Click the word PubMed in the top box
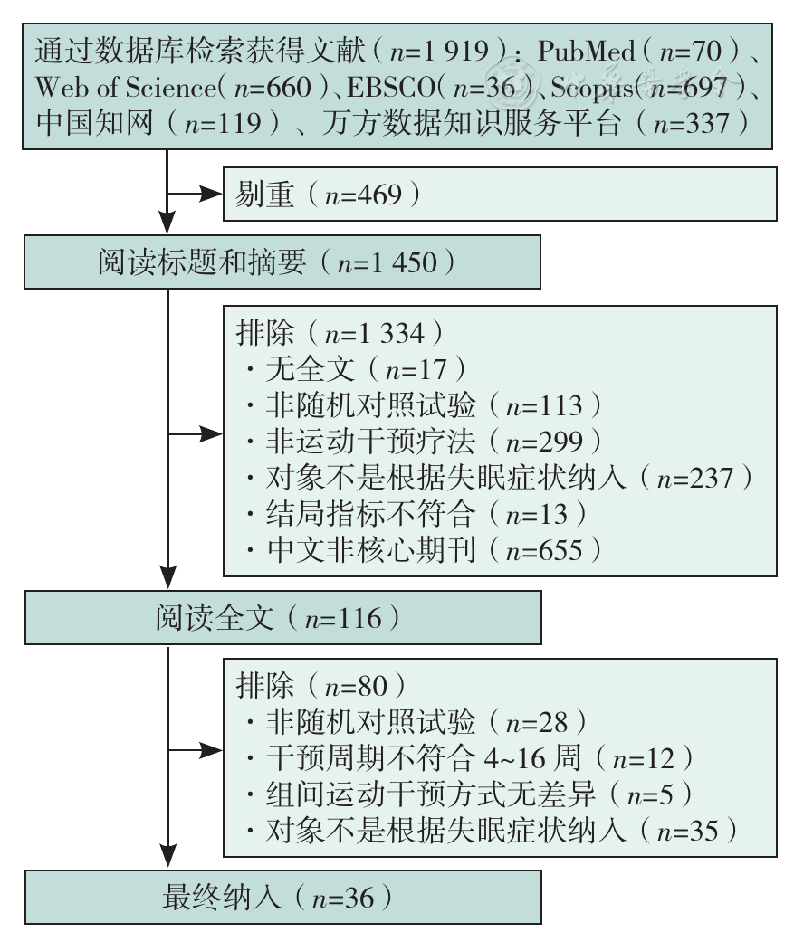(587, 51)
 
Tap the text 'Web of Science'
(126, 88)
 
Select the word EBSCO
(391, 88)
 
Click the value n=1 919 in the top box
(439, 51)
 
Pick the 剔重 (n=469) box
(500, 194)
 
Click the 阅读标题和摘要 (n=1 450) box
(282, 262)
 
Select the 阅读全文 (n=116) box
(283, 618)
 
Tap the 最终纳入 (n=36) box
(283, 897)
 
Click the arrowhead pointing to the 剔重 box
(211, 194)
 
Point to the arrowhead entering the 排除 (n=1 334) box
(211, 434)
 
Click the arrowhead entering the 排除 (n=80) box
(211, 751)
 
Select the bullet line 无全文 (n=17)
(357, 369)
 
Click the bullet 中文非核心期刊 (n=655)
(424, 550)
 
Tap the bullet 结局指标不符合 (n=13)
(416, 514)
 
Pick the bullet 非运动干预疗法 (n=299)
(424, 442)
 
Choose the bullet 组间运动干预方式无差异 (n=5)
(469, 794)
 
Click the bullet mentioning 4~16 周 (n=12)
(470, 758)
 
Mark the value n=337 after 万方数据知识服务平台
(691, 124)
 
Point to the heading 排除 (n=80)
(321, 686)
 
